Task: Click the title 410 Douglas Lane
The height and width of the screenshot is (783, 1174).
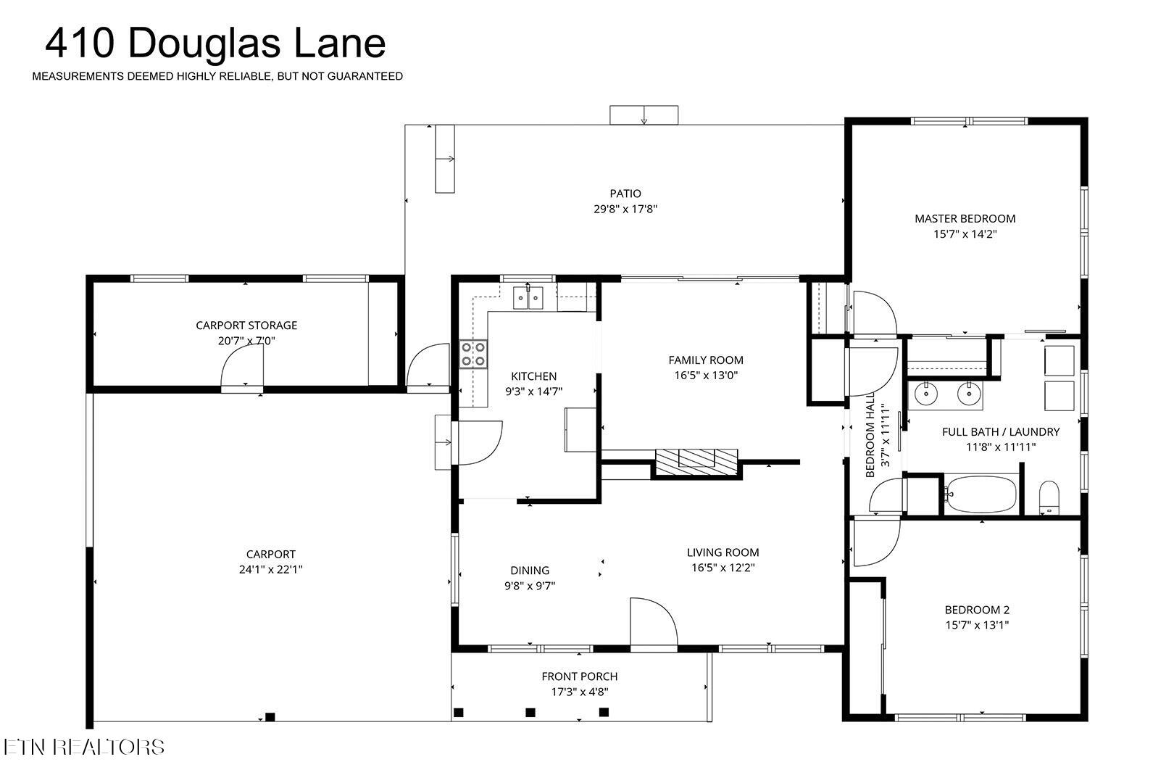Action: pos(215,43)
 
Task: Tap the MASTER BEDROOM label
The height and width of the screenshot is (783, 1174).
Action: pos(965,218)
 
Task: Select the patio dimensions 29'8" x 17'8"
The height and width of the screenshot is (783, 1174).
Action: pos(625,209)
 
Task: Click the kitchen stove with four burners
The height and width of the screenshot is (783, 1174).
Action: pos(473,354)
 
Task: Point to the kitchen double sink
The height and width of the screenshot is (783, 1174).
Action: pos(528,298)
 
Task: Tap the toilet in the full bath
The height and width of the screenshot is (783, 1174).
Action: pos(1049,497)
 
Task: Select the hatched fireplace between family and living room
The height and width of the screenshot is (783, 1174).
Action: pos(696,461)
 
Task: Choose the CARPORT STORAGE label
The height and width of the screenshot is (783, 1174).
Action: pos(246,326)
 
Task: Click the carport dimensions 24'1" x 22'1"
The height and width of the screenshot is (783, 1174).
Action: pos(270,570)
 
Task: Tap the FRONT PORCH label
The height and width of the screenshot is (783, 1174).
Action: pos(579,676)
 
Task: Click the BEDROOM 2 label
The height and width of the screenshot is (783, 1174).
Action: pos(976,610)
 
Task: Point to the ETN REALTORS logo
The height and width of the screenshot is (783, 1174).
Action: pos(83,747)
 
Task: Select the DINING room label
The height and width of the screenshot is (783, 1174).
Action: pos(530,571)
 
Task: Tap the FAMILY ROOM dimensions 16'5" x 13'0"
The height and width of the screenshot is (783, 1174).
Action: pos(705,375)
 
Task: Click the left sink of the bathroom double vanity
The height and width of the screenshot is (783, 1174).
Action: pos(925,394)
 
